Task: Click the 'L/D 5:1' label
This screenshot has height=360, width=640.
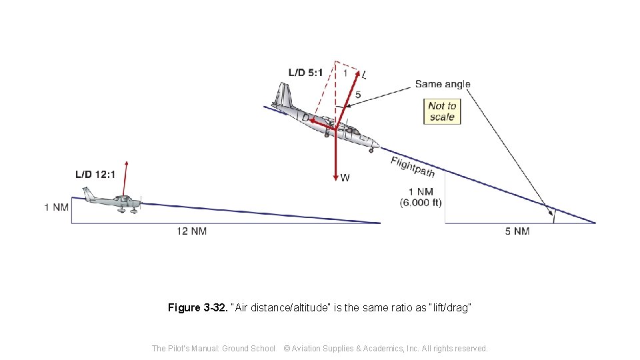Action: click(305, 72)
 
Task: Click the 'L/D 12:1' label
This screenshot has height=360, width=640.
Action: click(95, 175)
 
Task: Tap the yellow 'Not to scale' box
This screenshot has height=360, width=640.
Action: click(442, 111)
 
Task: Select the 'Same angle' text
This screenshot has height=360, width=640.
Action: click(443, 84)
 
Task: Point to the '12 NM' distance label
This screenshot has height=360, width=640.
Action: click(191, 231)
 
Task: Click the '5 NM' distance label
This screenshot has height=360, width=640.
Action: click(517, 231)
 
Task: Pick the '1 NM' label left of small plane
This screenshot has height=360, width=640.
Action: click(57, 207)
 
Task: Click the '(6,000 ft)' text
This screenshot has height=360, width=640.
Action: click(421, 203)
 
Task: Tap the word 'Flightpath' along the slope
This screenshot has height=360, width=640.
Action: click(413, 167)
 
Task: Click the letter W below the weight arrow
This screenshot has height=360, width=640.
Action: click(345, 178)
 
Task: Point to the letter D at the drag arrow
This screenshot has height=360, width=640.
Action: click(305, 117)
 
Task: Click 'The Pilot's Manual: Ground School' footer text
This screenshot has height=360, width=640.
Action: click(213, 348)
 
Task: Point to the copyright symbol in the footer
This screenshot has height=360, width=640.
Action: click(287, 348)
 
